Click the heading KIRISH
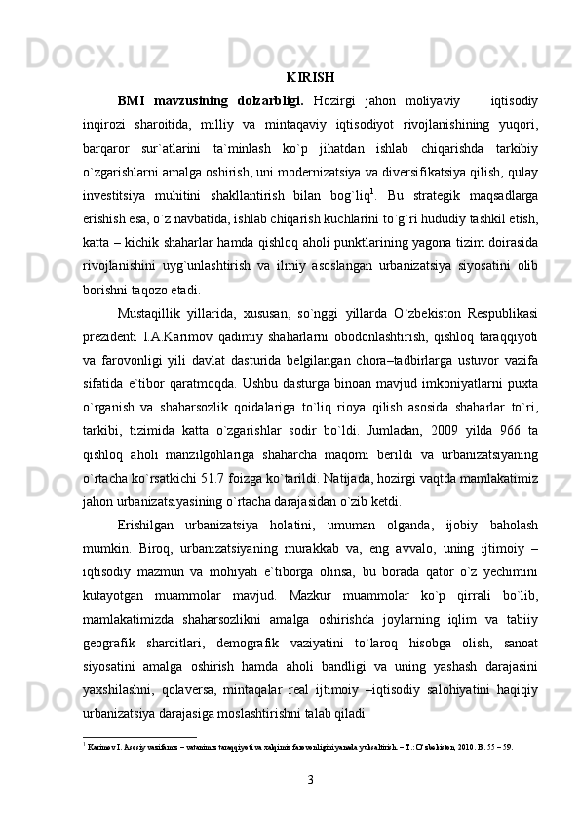pyautogui.click(x=312, y=76)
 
